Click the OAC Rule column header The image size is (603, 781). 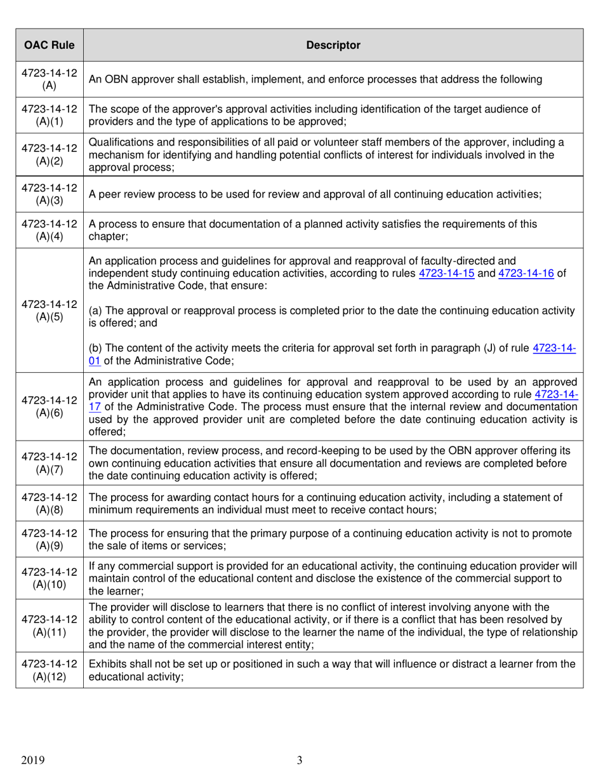pyautogui.click(x=50, y=45)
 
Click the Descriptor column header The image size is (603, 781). pyautogui.click(x=333, y=45)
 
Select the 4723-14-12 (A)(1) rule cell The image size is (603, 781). pyautogui.click(x=50, y=115)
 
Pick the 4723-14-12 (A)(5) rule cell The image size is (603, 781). pyautogui.click(x=50, y=310)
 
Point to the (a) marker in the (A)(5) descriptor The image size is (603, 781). pyautogui.click(x=95, y=310)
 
